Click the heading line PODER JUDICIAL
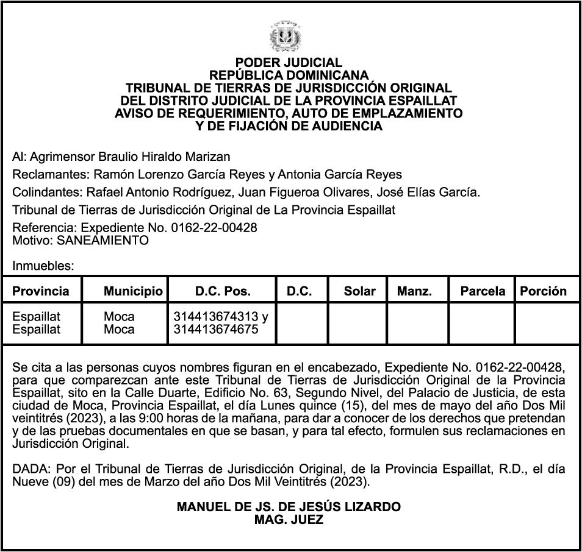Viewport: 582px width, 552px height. (289, 63)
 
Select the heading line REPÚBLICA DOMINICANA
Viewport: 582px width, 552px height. (289, 76)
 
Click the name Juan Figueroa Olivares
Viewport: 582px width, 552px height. (304, 193)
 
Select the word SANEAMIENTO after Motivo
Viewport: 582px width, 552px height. (102, 240)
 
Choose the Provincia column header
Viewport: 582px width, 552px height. (41, 291)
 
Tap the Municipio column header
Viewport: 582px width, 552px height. (133, 291)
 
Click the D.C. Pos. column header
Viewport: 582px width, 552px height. (223, 291)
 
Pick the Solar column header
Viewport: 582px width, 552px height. (359, 291)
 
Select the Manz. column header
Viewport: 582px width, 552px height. (414, 291)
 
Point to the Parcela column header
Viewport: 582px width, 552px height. (483, 291)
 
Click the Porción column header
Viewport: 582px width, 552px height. (543, 291)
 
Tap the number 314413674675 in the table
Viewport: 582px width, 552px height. (216, 330)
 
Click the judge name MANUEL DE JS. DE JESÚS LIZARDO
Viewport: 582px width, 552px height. (289, 507)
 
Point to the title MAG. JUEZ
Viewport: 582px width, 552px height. (289, 520)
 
